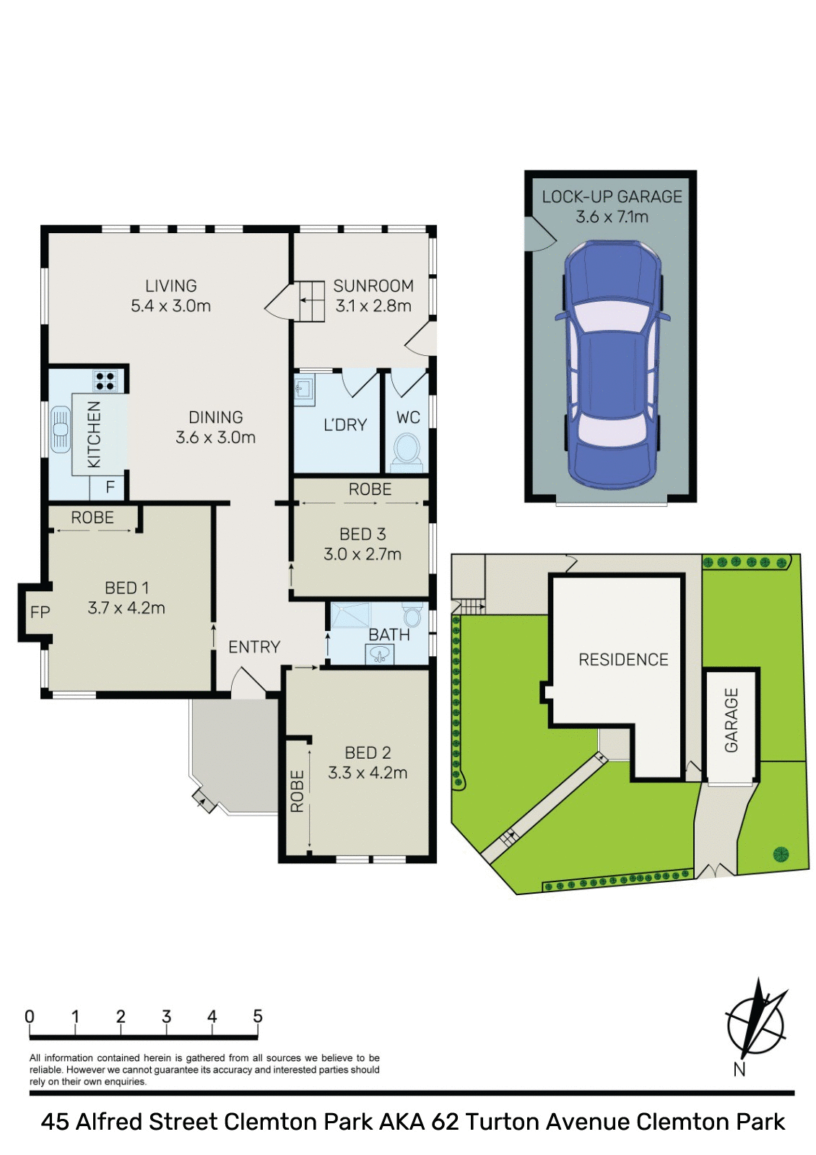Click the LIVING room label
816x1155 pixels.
pyautogui.click(x=170, y=286)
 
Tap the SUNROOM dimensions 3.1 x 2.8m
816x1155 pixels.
pyautogui.click(x=373, y=306)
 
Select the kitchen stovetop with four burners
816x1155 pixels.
pyautogui.click(x=105, y=380)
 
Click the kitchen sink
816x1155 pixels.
pyautogui.click(x=61, y=430)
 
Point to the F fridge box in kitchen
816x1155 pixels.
pyautogui.click(x=110, y=487)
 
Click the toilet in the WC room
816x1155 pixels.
pyautogui.click(x=407, y=449)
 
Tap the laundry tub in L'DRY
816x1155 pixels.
pyautogui.click(x=303, y=389)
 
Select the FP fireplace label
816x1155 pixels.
pyautogui.click(x=40, y=612)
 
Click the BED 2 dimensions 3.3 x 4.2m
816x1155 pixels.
pyautogui.click(x=368, y=773)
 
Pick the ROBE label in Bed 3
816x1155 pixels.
pyautogui.click(x=370, y=489)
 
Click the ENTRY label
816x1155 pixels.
pyautogui.click(x=254, y=647)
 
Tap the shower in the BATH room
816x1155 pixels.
pyautogui.click(x=351, y=615)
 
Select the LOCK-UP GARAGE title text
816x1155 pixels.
pyautogui.click(x=612, y=196)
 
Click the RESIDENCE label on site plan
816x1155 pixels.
pyautogui.click(x=623, y=659)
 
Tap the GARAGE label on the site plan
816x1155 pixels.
pyautogui.click(x=732, y=720)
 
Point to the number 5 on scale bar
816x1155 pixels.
pyautogui.click(x=258, y=1016)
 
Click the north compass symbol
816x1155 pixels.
pyautogui.click(x=755, y=1021)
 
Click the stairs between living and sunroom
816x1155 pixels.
pyautogui.click(x=312, y=301)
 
